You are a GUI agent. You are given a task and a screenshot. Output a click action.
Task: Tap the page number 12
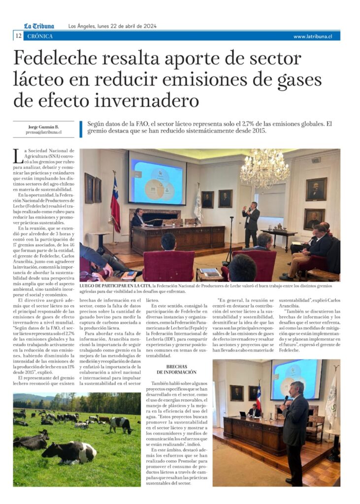coord(18,36)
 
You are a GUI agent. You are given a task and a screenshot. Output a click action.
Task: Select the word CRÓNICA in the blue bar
coord(40,36)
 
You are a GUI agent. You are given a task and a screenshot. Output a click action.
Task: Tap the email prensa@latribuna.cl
coord(44,132)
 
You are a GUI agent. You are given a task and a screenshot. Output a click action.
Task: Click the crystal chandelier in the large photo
coord(264,169)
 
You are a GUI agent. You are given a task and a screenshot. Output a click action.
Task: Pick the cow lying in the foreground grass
coord(69,452)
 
